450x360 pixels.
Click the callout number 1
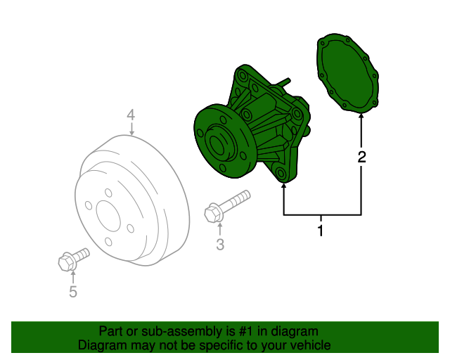coord(321,231)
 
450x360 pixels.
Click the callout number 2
coord(361,157)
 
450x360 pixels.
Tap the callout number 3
coord(219,245)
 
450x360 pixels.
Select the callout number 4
coord(131,115)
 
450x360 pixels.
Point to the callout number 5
coord(72,291)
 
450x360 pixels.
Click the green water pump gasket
coord(347,72)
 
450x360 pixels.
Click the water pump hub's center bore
coord(216,146)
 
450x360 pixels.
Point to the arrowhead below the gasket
coord(361,118)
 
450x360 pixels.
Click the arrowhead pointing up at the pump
coord(283,186)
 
